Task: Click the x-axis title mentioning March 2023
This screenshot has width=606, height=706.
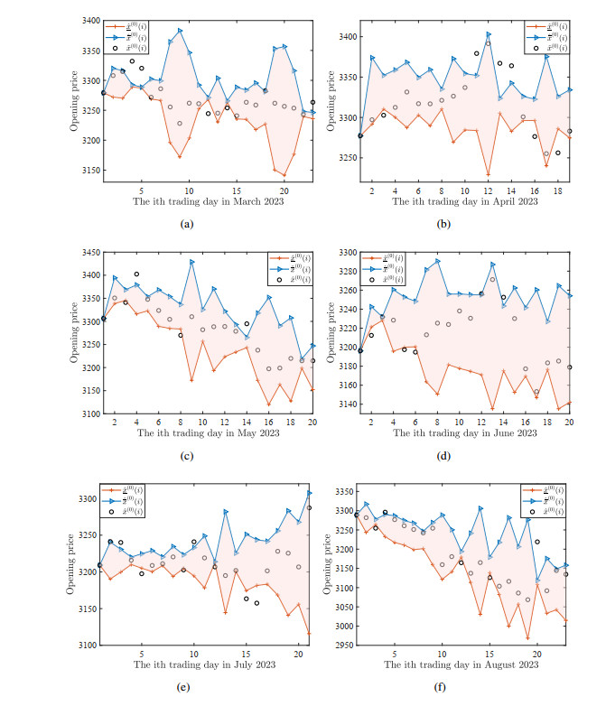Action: point(209,202)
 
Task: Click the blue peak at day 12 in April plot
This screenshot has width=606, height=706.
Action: point(489,34)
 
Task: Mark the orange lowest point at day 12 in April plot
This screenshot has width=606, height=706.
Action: point(489,174)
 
